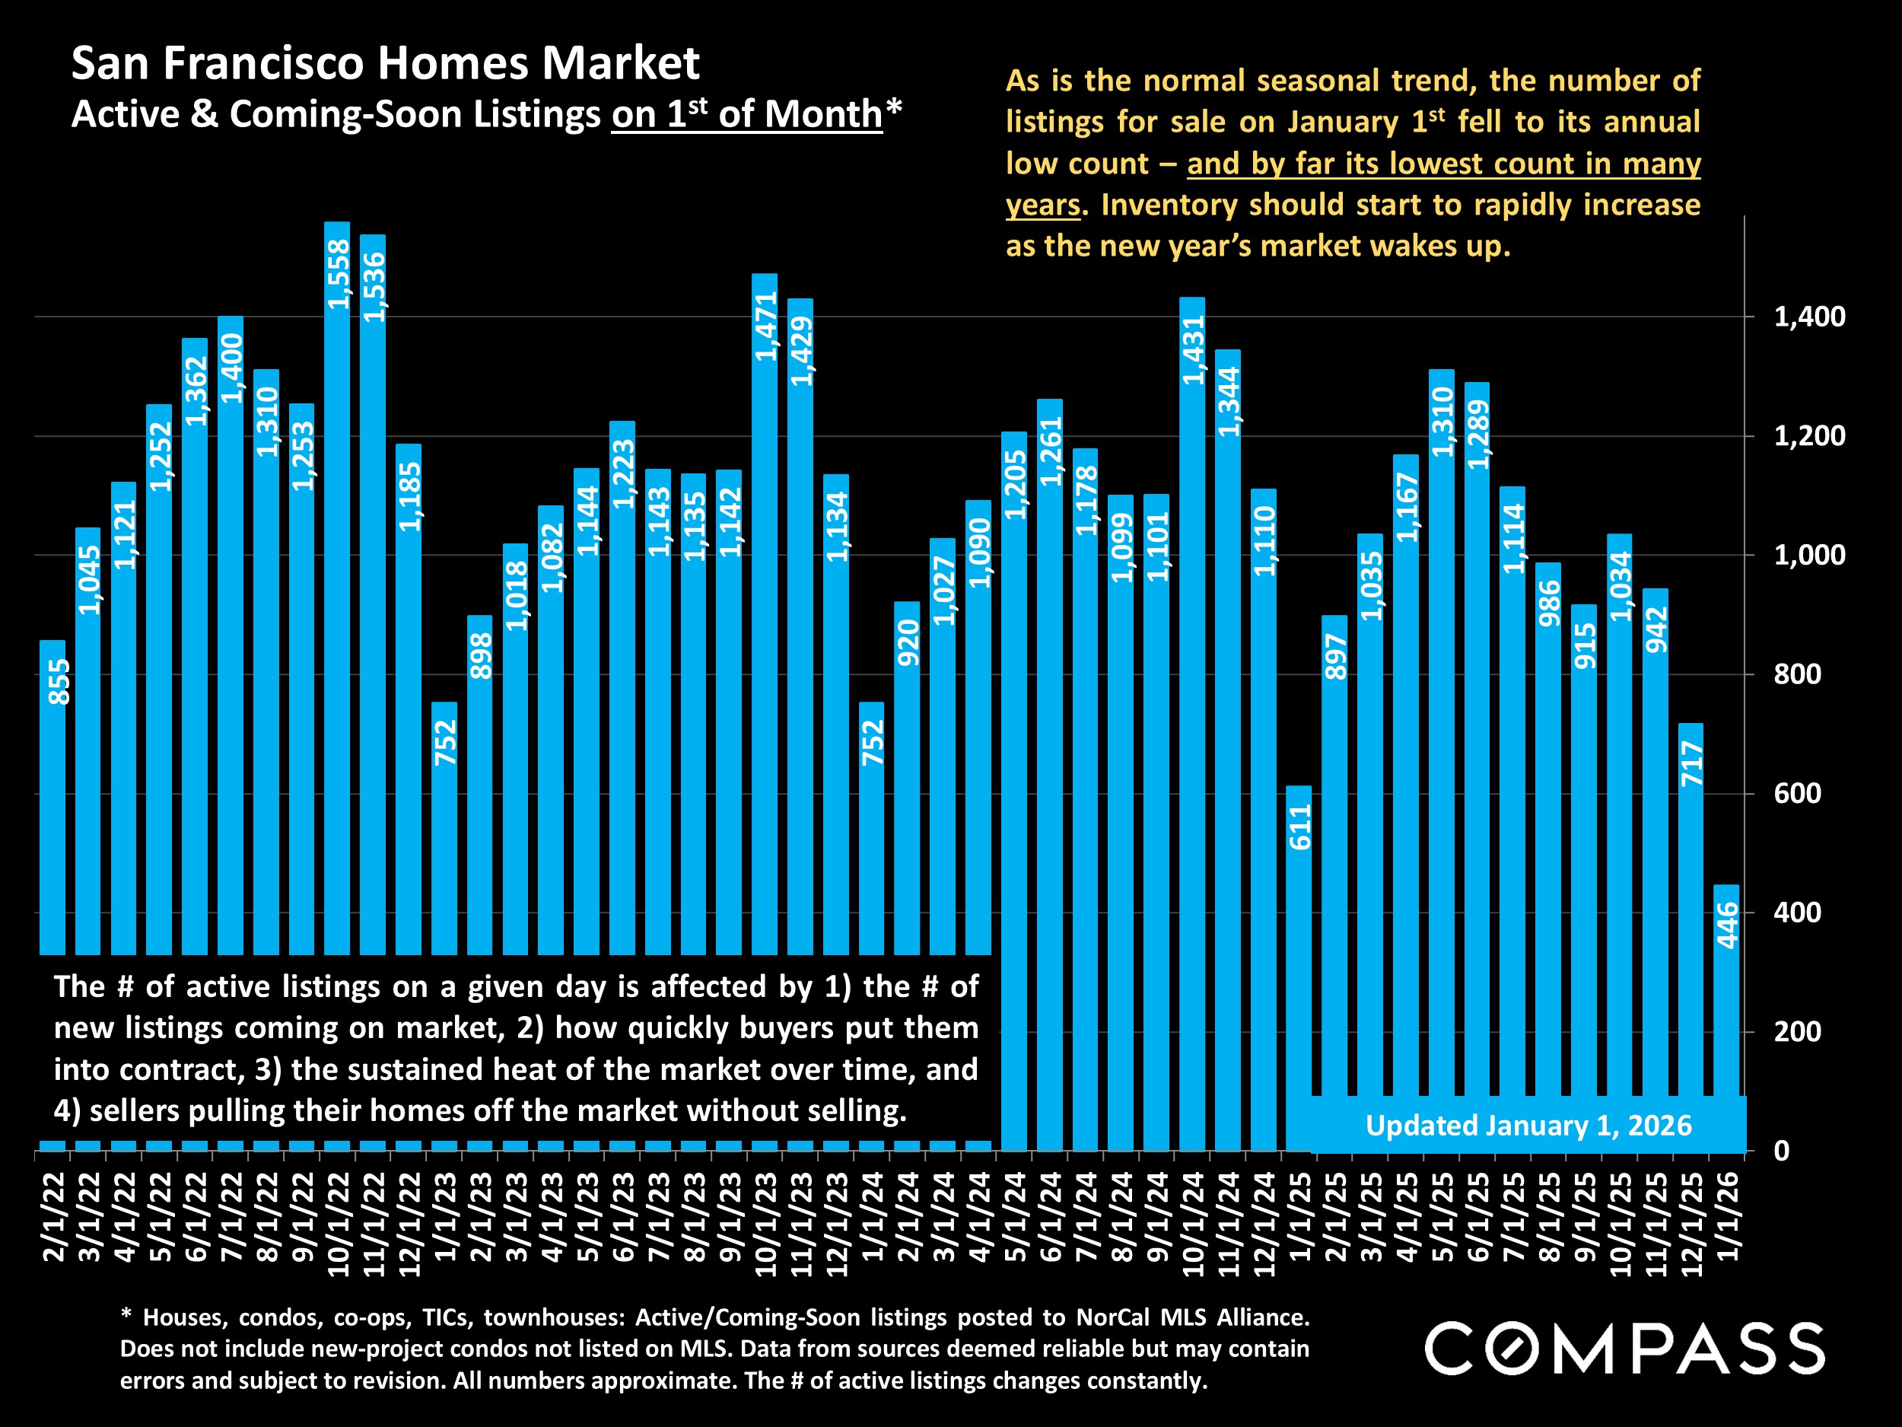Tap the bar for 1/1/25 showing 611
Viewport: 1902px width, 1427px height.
coord(1299,946)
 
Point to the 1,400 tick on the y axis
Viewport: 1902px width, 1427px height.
coord(1809,317)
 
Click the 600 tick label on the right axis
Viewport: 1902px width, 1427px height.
coord(1797,793)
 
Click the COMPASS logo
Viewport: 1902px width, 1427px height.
coord(1624,1349)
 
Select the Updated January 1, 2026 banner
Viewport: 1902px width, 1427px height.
coord(1528,1125)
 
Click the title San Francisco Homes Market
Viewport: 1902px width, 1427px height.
coord(385,63)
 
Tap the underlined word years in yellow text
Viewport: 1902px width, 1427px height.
coord(1042,205)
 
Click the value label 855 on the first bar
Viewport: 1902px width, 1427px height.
coord(59,681)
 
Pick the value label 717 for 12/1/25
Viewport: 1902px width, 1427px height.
coord(1691,763)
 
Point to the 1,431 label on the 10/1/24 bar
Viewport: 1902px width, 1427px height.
coord(1193,350)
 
